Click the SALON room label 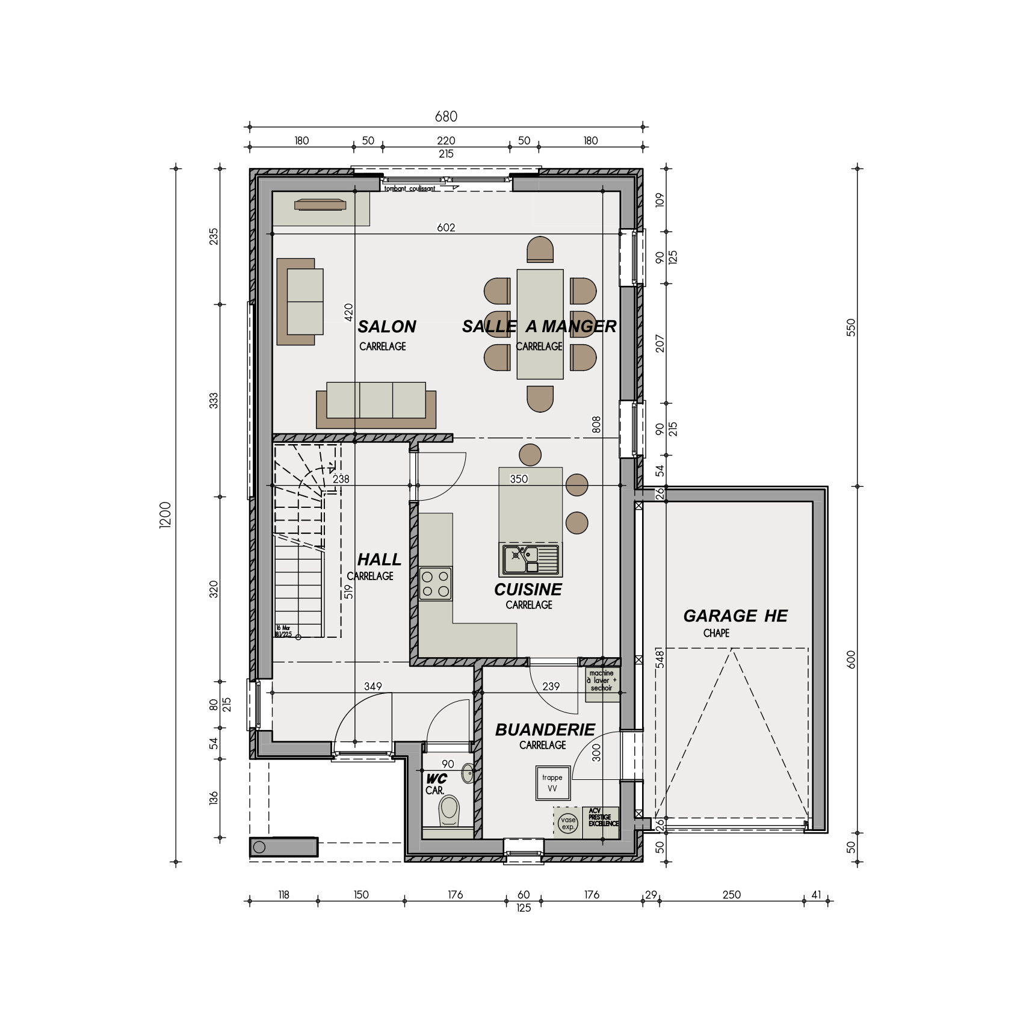(387, 327)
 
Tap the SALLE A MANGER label (539, 326)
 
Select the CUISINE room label (528, 590)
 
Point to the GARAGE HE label (735, 616)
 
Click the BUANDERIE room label (545, 730)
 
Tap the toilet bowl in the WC (449, 810)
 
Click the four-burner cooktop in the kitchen (435, 583)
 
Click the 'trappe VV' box (552, 783)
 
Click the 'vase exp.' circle (567, 823)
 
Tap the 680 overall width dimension (446, 116)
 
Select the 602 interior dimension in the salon (446, 227)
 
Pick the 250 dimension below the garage (731, 895)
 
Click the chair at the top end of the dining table (540, 249)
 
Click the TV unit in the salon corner (320, 205)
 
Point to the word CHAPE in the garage (716, 633)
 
